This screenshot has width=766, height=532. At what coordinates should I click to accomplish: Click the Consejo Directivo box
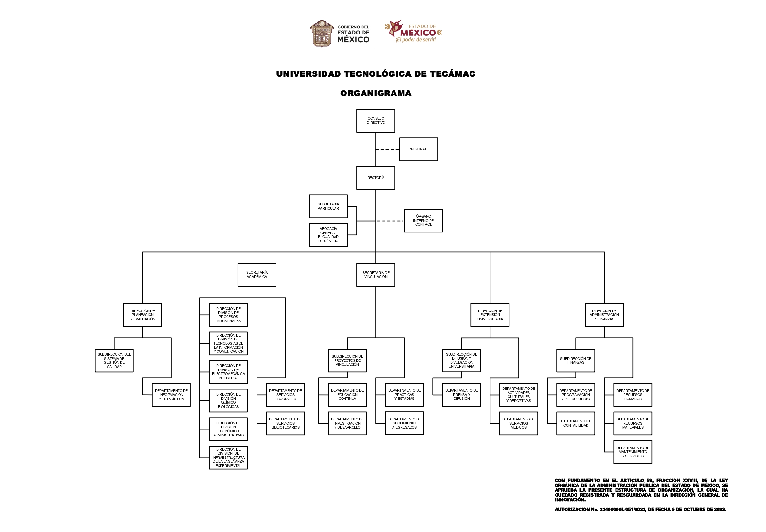tap(376, 121)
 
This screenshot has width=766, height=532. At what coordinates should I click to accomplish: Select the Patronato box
tap(419, 149)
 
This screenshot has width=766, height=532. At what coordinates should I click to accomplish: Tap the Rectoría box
tap(376, 178)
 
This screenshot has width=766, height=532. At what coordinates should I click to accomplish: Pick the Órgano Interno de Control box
tap(423, 221)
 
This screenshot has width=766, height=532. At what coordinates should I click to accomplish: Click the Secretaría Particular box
tap(328, 206)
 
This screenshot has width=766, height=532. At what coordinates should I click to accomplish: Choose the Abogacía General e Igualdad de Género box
tap(328, 235)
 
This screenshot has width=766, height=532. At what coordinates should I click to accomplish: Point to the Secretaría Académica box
tap(257, 275)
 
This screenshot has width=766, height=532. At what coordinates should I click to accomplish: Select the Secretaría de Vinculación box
tap(376, 275)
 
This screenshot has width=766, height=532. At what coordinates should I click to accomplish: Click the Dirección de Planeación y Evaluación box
tap(143, 315)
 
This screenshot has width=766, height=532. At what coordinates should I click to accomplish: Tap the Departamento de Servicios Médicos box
tap(519, 423)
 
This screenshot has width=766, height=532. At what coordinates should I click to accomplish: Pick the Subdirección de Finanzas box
tap(576, 361)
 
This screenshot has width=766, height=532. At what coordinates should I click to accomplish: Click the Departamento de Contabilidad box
tap(576, 423)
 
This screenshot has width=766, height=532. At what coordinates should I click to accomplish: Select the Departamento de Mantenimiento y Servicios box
tap(633, 452)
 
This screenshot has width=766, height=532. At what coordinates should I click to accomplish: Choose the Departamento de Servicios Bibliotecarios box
tap(286, 423)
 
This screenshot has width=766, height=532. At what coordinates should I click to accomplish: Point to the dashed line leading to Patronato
tap(387, 149)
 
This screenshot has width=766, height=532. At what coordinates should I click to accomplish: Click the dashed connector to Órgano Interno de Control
tap(390, 221)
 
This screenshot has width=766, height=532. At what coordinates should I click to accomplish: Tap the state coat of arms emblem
tap(322, 34)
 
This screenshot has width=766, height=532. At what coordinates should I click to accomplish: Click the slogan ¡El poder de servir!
tap(415, 40)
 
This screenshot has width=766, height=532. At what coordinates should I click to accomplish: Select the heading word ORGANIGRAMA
tap(376, 93)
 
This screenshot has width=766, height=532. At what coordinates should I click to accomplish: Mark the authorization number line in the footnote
tap(640, 509)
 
